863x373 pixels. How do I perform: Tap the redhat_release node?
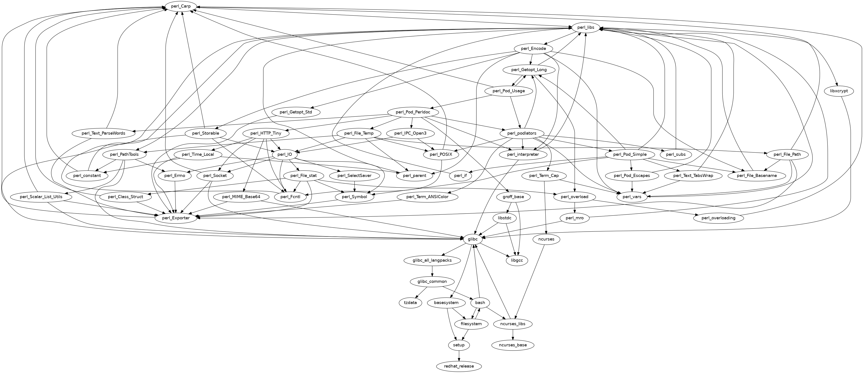(459, 366)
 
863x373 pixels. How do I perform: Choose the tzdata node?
(410, 303)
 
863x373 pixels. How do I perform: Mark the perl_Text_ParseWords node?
(103, 133)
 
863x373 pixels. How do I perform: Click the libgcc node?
(517, 260)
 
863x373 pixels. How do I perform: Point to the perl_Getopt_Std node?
(296, 112)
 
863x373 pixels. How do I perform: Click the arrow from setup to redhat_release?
(459, 355)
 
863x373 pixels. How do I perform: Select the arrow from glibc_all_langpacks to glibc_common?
(433, 271)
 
